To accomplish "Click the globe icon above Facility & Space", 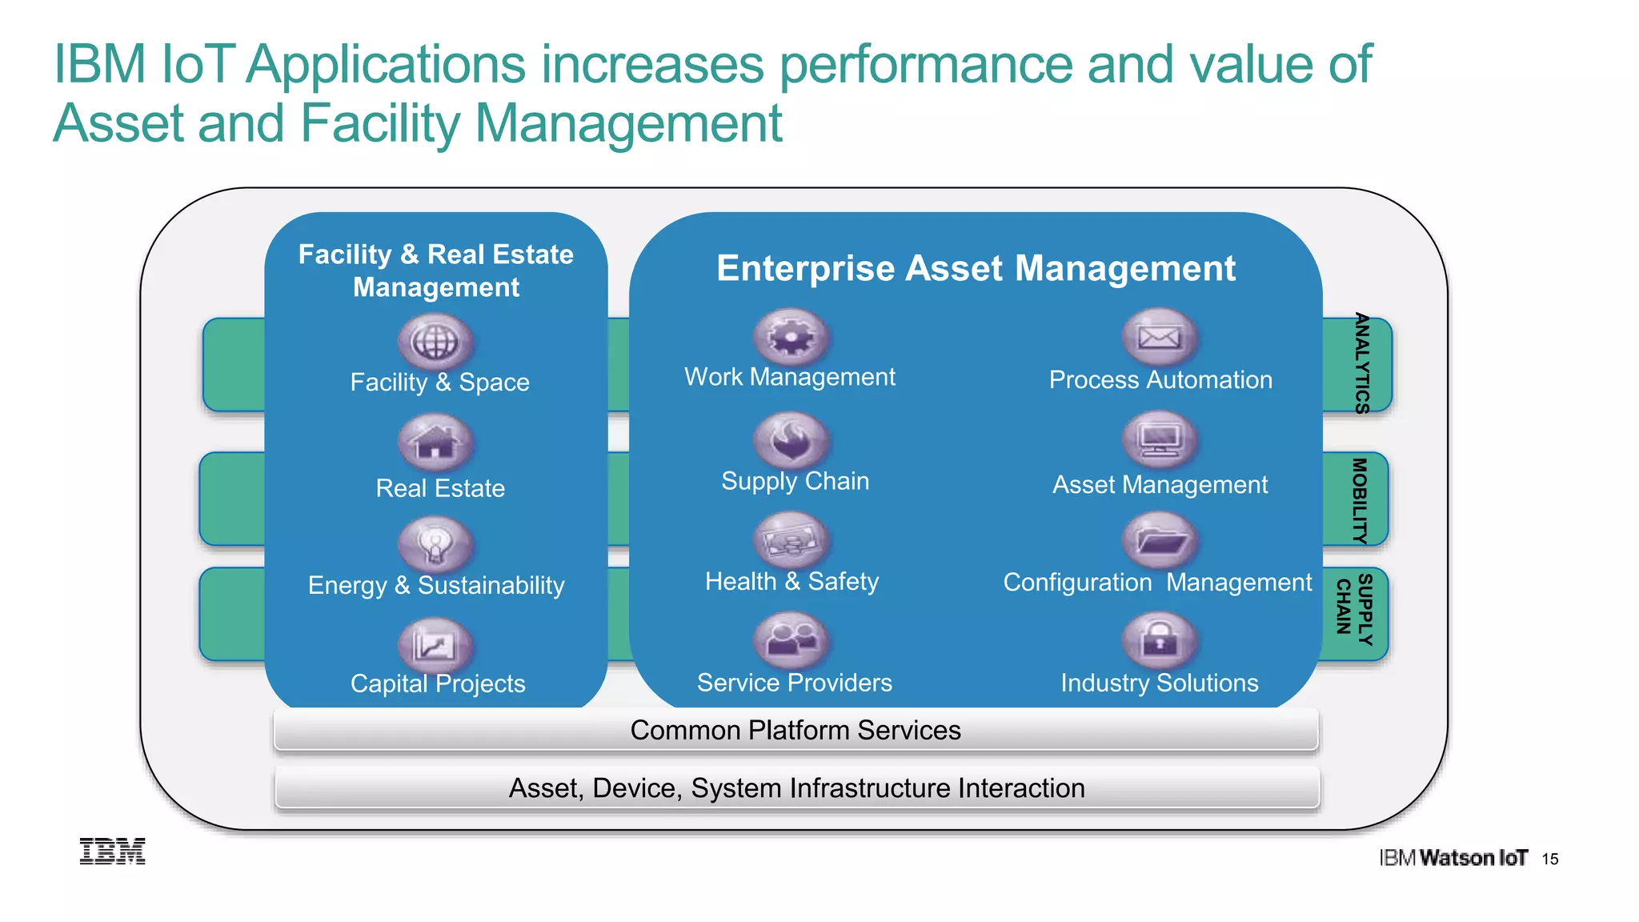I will point(435,342).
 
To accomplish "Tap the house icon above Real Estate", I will point(435,442).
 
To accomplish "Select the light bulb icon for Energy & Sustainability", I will point(435,544).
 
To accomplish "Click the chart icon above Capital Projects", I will point(435,645).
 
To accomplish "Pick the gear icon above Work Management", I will point(791,337).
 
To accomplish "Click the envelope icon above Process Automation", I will point(1160,337).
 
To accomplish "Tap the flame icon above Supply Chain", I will point(791,440).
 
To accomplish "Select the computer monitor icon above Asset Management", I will point(1160,439).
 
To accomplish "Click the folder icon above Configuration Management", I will point(1160,541).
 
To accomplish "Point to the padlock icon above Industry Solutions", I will point(1160,640).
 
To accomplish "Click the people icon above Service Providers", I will point(791,640).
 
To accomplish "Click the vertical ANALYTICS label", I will point(1361,363).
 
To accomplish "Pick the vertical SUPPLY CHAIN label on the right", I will point(1355,610).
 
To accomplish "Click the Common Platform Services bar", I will point(795,730).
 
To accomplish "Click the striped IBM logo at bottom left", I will point(113,852).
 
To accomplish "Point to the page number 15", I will point(1550,859).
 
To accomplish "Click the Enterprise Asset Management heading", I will point(976,268).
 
